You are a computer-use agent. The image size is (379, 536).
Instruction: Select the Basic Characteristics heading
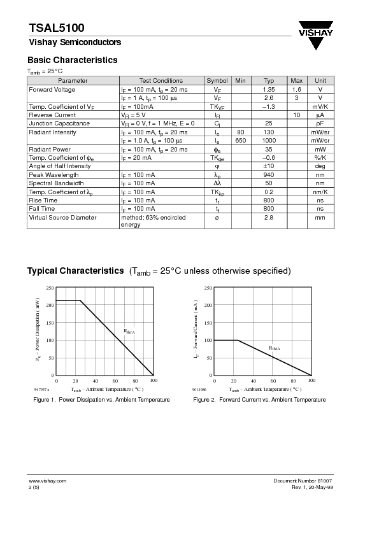(x=72, y=60)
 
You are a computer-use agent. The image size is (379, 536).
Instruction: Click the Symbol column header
(x=217, y=81)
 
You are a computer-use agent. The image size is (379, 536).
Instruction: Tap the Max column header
(x=296, y=81)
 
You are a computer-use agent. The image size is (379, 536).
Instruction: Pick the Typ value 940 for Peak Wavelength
(x=268, y=174)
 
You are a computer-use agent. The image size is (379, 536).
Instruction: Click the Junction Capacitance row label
(x=59, y=123)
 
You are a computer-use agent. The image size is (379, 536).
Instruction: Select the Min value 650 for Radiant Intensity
(x=240, y=140)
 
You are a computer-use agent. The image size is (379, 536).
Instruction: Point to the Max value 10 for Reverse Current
(x=296, y=115)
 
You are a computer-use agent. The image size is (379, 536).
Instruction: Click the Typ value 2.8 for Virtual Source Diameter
(x=268, y=218)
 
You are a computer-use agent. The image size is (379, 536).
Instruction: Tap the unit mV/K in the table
(x=320, y=106)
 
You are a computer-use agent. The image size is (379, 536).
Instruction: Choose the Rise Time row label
(x=43, y=201)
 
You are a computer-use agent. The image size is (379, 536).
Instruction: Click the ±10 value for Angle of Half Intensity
(x=268, y=166)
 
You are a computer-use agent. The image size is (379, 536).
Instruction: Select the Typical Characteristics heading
(x=75, y=271)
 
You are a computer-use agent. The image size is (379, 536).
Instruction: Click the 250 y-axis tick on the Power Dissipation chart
(x=50, y=288)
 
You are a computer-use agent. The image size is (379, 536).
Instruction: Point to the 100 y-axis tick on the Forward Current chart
(x=207, y=341)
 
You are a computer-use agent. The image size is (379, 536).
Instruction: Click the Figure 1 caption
(x=101, y=400)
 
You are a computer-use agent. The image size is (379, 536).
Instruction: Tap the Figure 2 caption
(x=259, y=400)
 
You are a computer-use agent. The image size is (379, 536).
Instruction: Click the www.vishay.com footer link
(x=47, y=481)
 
